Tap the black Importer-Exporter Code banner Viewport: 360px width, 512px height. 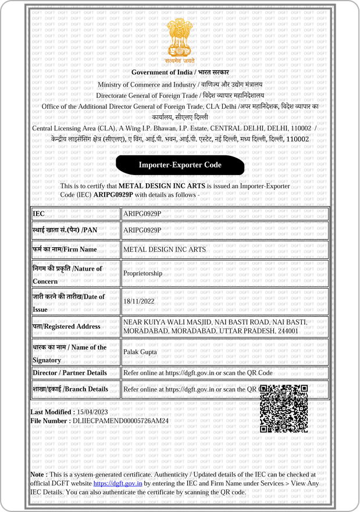180,165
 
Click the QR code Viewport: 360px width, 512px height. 283,408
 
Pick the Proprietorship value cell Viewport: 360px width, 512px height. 143,273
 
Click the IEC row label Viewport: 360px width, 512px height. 39,214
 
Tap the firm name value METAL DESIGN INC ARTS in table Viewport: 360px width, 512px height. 165,249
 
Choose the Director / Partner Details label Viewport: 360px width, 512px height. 70,372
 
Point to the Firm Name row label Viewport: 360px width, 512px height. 65,249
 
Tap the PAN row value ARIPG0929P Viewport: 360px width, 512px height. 142,230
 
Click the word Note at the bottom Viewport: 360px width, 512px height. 39,475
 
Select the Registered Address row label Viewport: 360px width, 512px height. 66,326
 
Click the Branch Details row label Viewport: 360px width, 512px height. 70,389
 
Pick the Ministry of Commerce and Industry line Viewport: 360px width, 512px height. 180,84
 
